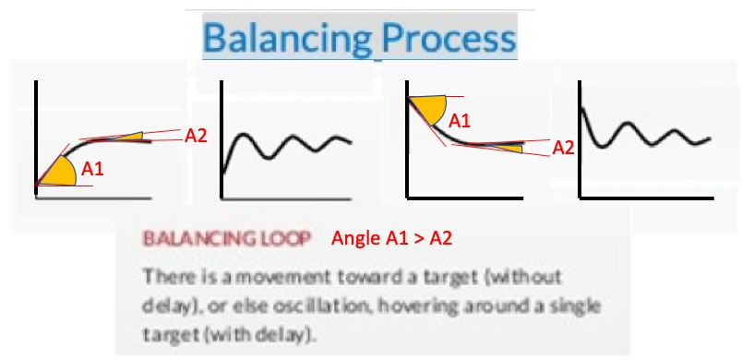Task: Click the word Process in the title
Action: coord(449,37)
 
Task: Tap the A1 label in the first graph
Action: coord(92,169)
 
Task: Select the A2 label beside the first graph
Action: coord(196,136)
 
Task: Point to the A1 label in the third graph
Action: coord(460,121)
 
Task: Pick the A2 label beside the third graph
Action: coord(564,148)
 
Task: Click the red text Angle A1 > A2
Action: coord(392,238)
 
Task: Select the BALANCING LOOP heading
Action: coord(226,239)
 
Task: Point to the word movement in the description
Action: coord(273,277)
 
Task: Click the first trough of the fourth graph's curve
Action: coord(601,146)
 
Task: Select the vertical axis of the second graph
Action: coord(221,139)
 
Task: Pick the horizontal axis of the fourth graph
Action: coord(646,198)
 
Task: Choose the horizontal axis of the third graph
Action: coord(465,198)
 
